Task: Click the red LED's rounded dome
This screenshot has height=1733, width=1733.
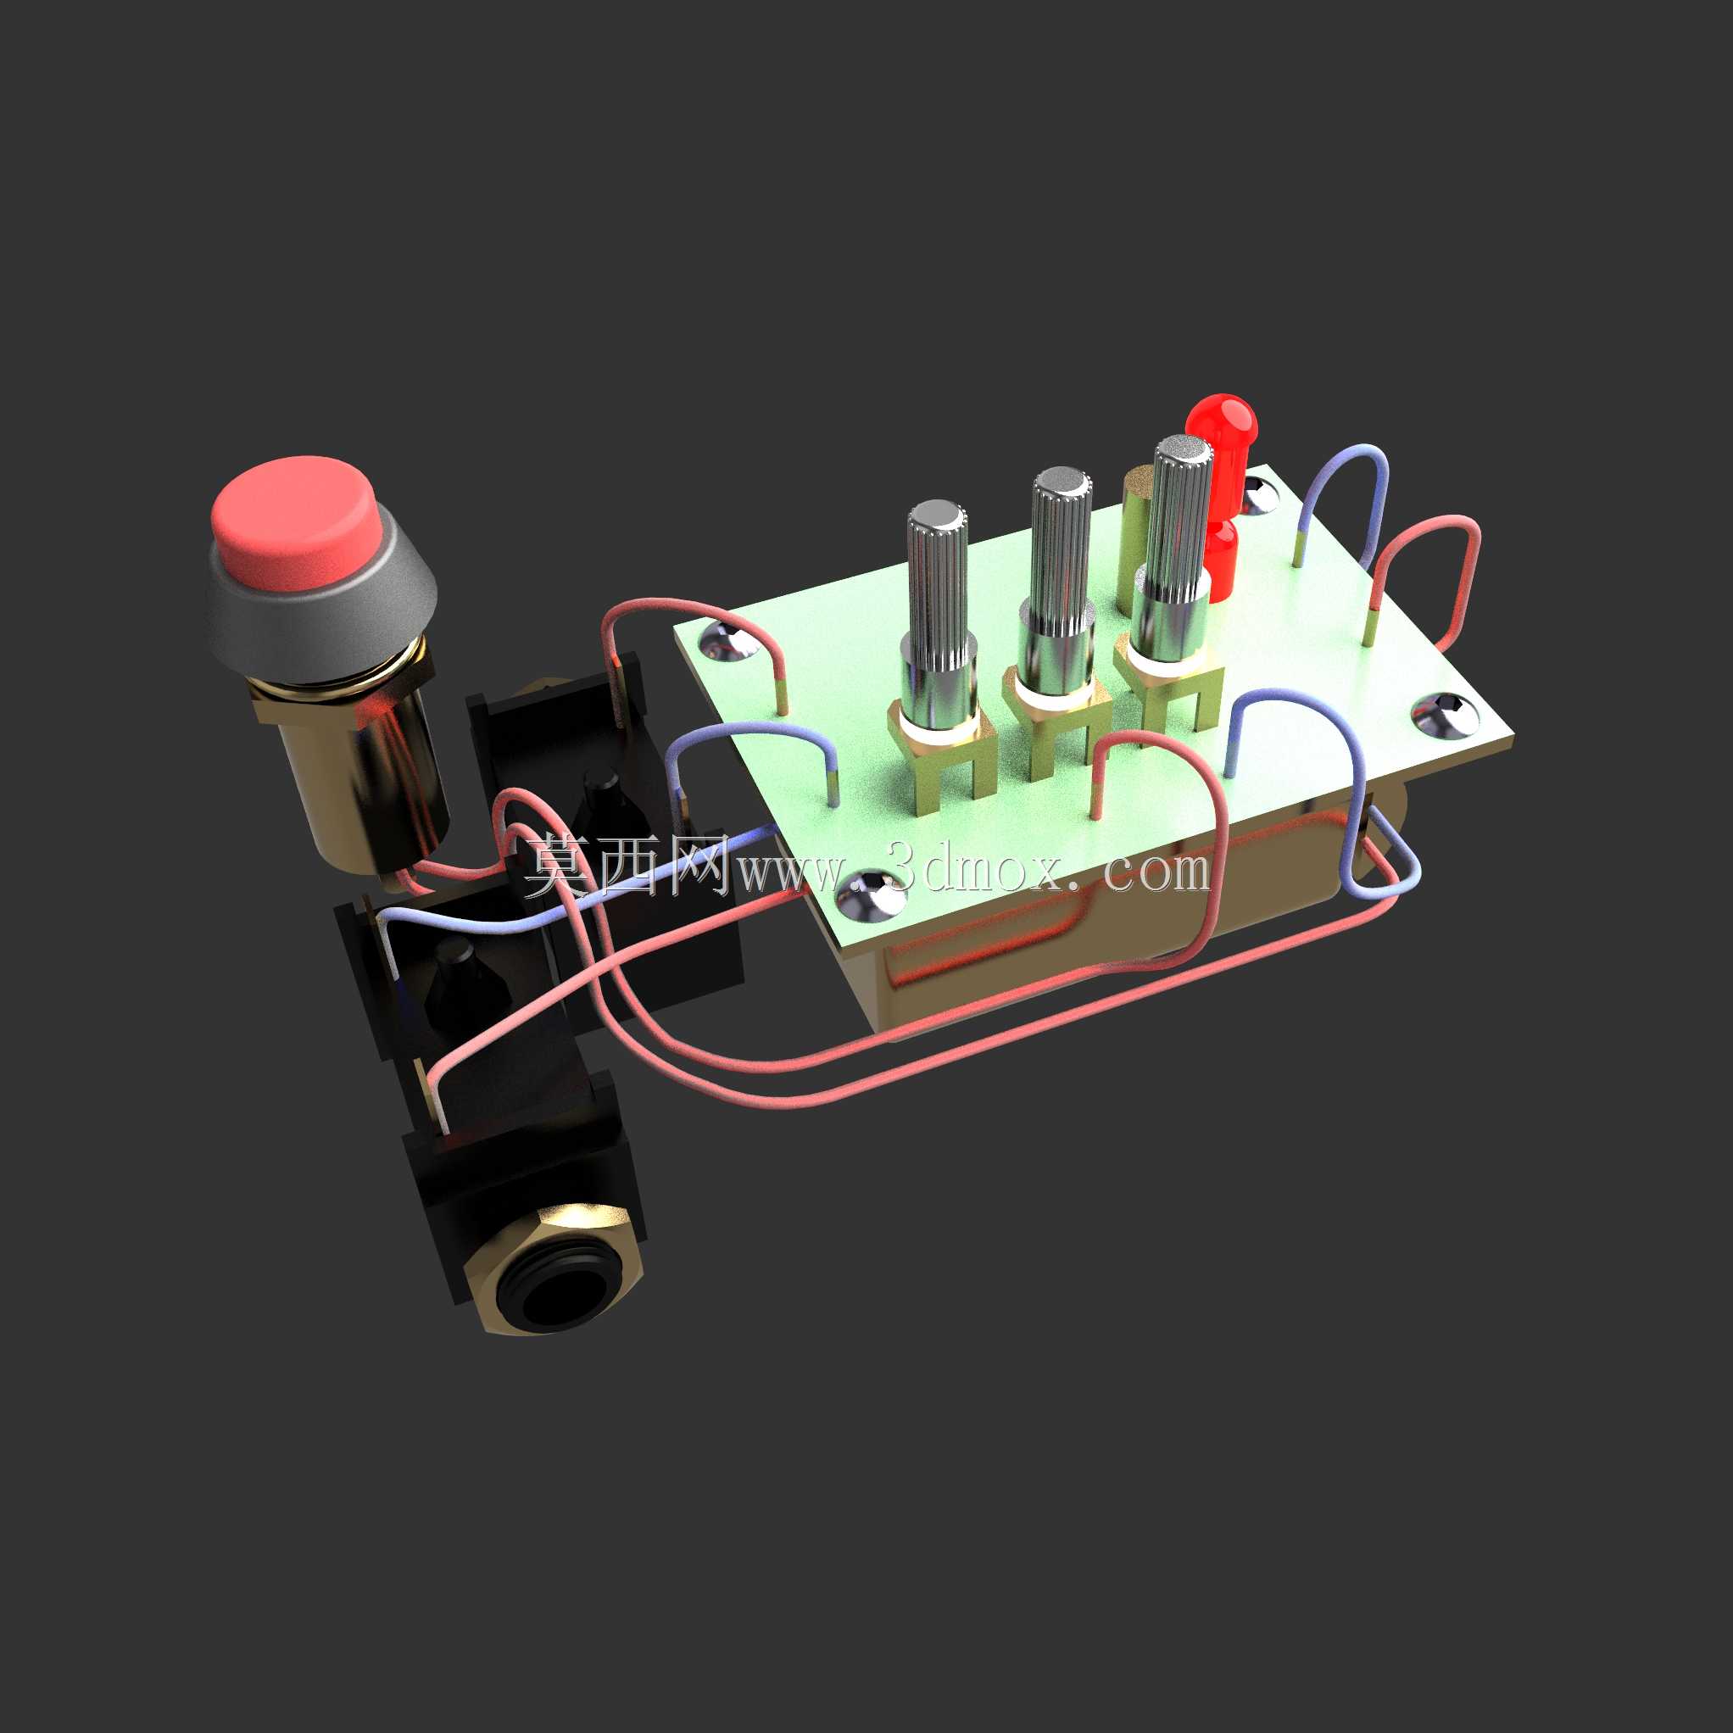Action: pos(1222,421)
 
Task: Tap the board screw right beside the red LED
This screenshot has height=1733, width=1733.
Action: pos(1259,493)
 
